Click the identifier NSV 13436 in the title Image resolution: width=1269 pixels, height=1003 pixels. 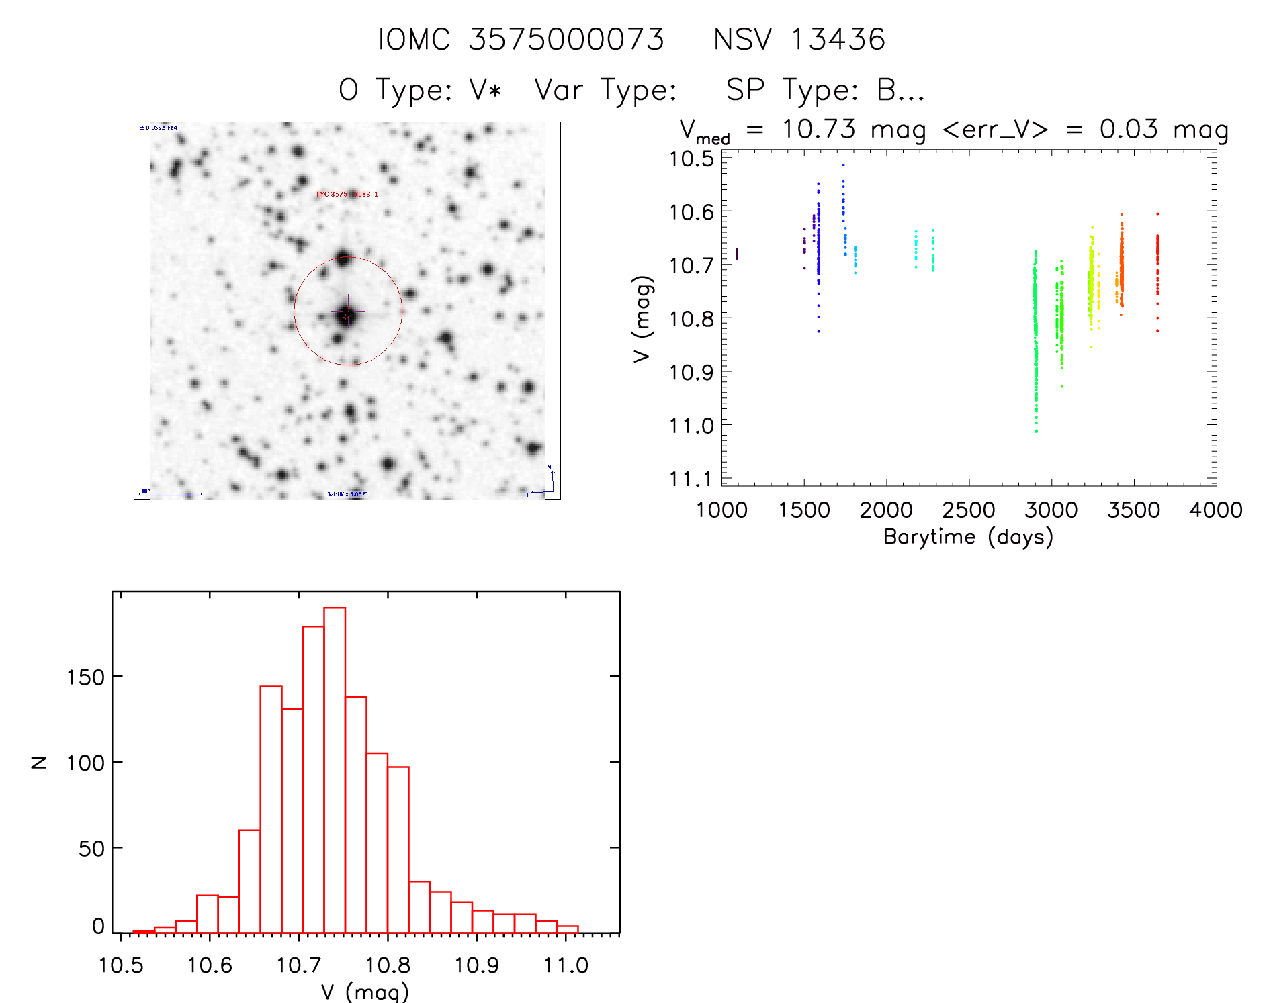tap(799, 40)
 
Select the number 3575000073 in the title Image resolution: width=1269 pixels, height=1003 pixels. tap(566, 40)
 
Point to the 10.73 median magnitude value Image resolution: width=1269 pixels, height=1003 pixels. tap(818, 129)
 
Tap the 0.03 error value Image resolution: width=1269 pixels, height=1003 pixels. tap(1128, 129)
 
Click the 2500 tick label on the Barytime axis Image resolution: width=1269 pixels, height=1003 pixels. tap(968, 510)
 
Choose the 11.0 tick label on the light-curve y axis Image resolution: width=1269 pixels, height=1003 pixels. tap(691, 426)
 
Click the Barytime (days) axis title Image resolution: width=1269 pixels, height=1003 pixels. tap(967, 537)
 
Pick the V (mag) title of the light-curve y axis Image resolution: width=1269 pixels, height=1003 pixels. tap(642, 319)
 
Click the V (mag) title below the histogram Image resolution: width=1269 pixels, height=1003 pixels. tap(364, 992)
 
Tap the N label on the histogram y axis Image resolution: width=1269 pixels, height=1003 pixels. tap(40, 762)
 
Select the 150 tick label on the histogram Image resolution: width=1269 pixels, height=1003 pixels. tap(85, 677)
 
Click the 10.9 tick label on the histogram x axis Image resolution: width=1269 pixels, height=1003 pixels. tap(476, 965)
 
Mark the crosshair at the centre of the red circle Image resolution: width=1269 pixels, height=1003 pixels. tap(347, 312)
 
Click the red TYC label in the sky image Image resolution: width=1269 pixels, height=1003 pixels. tap(347, 194)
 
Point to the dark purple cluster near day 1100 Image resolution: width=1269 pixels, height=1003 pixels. tap(737, 253)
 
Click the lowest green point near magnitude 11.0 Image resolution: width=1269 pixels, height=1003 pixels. tap(1037, 431)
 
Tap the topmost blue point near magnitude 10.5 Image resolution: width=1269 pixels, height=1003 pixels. tap(843, 165)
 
